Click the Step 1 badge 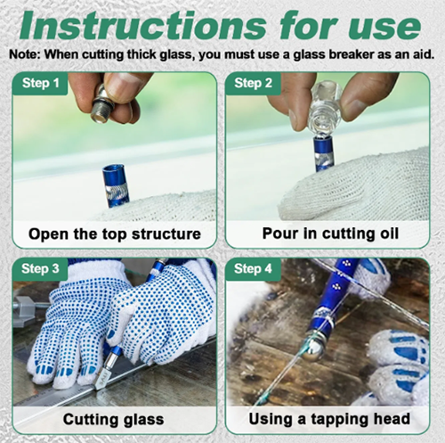(40, 84)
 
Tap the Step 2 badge (253, 84)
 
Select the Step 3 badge (40, 269)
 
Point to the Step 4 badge (253, 269)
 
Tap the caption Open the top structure (115, 234)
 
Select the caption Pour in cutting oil (330, 234)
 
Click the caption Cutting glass (113, 419)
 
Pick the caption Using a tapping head (329, 419)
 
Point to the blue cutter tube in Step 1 (116, 186)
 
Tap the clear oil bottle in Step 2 (324, 110)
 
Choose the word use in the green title (384, 27)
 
